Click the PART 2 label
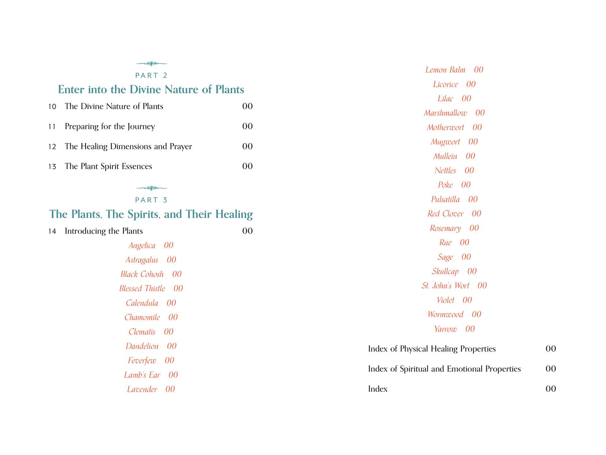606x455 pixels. (x=151, y=76)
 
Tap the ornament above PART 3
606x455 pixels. (x=151, y=188)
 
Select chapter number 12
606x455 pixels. (x=52, y=147)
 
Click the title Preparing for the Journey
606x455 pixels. (x=110, y=126)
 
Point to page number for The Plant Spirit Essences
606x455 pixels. (x=247, y=166)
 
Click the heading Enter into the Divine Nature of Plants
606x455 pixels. (x=151, y=90)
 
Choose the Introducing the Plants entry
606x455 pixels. (x=104, y=231)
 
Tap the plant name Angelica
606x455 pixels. (x=142, y=245)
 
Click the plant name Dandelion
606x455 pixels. (x=142, y=346)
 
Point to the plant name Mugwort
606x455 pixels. (x=445, y=142)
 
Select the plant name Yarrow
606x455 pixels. (x=445, y=329)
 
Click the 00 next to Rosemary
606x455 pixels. (x=474, y=228)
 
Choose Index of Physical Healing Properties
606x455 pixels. (x=432, y=349)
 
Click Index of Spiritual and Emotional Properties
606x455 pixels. (x=444, y=369)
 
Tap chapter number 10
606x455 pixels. (x=52, y=107)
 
